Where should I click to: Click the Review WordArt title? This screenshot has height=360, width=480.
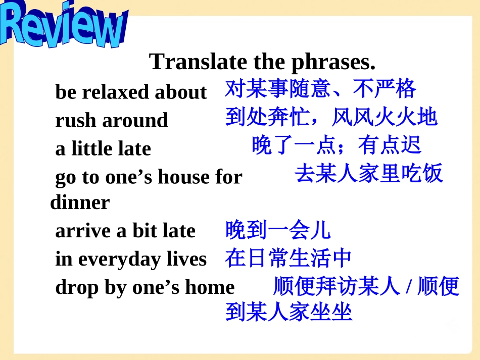click(63, 25)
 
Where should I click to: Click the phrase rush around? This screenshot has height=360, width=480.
click(111, 121)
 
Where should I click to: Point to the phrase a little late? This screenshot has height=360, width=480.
click(103, 149)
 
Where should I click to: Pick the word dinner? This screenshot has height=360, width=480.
click(80, 202)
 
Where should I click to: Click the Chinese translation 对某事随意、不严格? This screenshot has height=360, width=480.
click(320, 89)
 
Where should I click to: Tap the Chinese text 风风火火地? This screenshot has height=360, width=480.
click(385, 117)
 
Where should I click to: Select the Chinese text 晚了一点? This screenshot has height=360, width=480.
click(293, 145)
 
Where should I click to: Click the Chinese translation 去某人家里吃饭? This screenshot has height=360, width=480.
click(369, 174)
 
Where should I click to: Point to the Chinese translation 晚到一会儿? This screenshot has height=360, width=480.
click(278, 230)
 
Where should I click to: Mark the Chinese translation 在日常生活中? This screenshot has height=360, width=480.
click(289, 259)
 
